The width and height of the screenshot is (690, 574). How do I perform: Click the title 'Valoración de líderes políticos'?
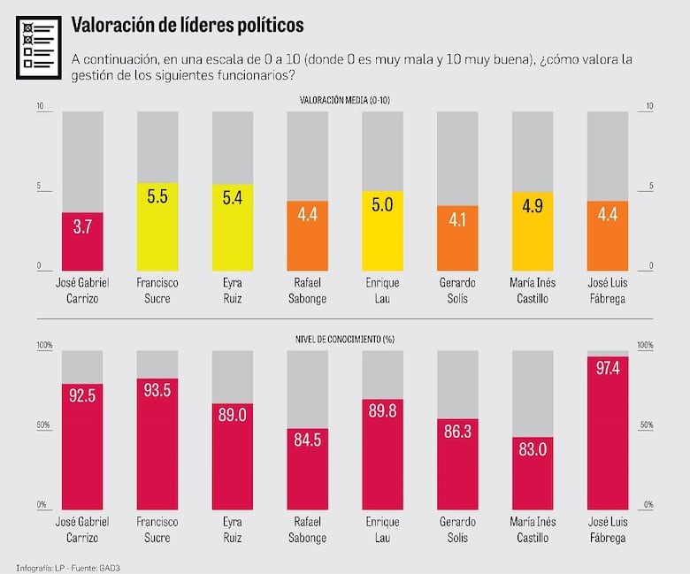click(187, 24)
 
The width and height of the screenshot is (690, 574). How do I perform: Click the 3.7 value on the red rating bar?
click(82, 226)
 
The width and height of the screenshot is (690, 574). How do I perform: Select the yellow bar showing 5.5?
click(157, 226)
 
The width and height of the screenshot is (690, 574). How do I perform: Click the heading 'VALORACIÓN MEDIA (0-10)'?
click(345, 100)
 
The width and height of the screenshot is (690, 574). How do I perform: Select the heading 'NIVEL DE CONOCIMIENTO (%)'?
click(345, 339)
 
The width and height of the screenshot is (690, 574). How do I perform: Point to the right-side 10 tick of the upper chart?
click(649, 107)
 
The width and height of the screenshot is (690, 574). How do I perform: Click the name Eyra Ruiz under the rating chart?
click(233, 290)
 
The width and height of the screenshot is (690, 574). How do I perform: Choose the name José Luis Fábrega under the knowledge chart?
click(608, 529)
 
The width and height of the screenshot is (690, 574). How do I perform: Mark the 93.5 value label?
click(157, 392)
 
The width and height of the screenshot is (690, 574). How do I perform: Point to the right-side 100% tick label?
click(645, 345)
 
